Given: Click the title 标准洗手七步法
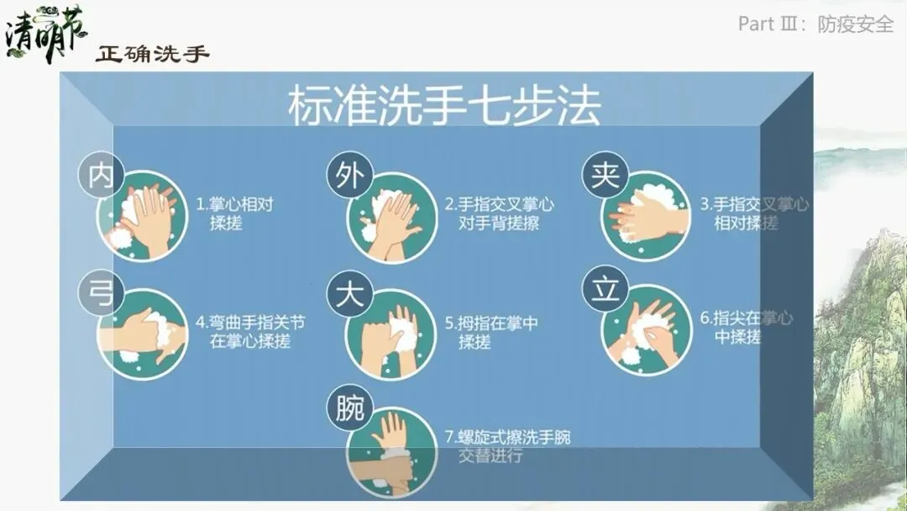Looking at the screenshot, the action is point(444,105).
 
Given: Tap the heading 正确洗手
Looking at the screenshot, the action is point(152,54).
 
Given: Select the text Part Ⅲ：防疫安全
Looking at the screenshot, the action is point(815,24).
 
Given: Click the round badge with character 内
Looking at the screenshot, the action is point(102,175).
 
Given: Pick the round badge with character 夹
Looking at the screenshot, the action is point(605,174).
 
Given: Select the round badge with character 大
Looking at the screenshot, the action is point(350,292).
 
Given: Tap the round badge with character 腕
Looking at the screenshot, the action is point(350,408).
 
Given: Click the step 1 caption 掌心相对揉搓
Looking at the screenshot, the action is point(234,213).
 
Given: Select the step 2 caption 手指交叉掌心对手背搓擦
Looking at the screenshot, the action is point(499,213).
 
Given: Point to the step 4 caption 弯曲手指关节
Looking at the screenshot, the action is point(250,323).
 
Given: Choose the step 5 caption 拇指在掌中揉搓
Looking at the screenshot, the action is point(491,332).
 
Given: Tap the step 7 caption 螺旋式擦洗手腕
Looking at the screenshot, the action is point(507,437).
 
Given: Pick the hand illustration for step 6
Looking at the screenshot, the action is point(647,330).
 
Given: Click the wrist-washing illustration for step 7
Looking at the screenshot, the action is point(391,451).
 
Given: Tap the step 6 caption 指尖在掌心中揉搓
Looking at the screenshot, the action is point(747,327).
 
